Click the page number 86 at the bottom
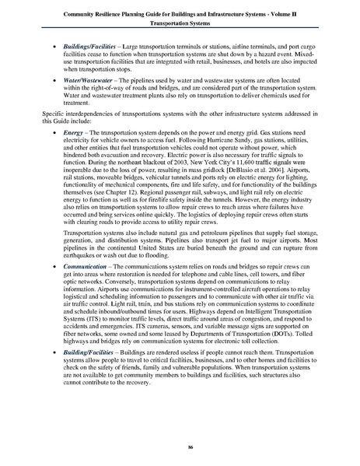click(180, 449)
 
